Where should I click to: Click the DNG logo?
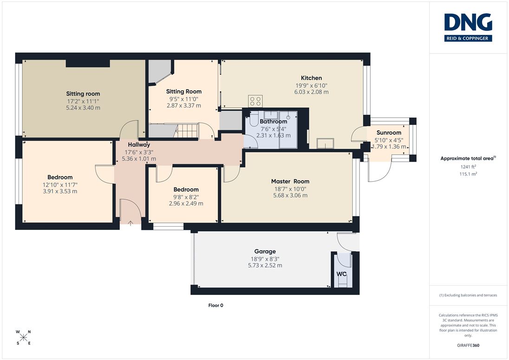coord(468,27)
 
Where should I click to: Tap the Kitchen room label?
coord(311,78)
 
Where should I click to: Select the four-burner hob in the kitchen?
coord(255,101)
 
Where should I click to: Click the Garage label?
coord(265,251)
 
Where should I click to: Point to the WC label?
coord(341,274)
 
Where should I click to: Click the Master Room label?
coord(290,182)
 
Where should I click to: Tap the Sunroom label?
coord(389,132)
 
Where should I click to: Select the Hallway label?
coord(139,145)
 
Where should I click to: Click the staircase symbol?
coord(186,131)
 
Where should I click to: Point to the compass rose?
coord(23,337)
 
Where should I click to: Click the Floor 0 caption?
coord(216,305)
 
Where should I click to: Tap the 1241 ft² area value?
coord(468,167)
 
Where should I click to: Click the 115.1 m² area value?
coord(468,174)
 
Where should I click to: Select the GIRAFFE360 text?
coord(468,346)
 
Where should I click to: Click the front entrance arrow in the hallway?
coord(131,223)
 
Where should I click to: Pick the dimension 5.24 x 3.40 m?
coord(83,108)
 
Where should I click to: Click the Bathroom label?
coord(274,121)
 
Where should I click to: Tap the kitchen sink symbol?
coord(325,143)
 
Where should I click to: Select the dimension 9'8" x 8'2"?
coord(186,197)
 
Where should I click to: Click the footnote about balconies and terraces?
coord(468,295)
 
